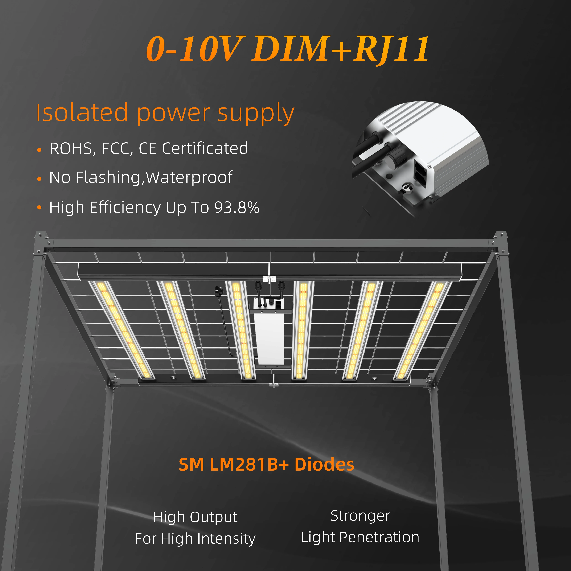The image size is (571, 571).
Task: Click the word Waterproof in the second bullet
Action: (x=189, y=178)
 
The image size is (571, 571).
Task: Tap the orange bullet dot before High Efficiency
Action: (x=39, y=208)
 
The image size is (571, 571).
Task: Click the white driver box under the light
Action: (x=269, y=338)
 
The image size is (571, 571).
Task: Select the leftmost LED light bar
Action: (x=121, y=330)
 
